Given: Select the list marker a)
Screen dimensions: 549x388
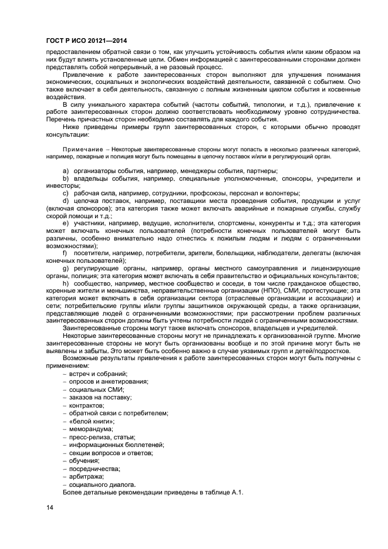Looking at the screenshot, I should pyautogui.click(x=65, y=170).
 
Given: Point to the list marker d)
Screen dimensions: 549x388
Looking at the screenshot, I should pyautogui.click(x=65, y=201).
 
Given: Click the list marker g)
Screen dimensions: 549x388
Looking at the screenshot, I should pyautogui.click(x=65, y=268).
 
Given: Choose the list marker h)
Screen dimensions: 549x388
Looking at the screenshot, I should pyautogui.click(x=65, y=283).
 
